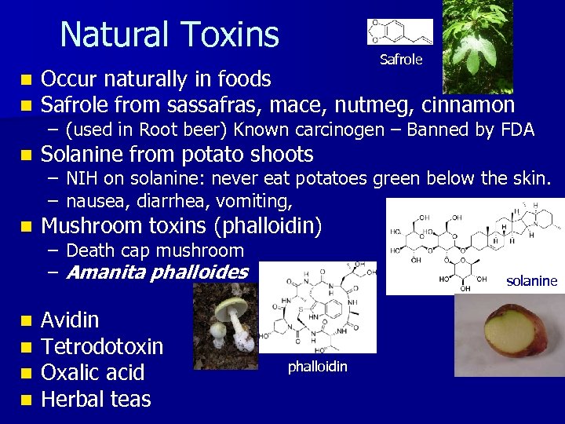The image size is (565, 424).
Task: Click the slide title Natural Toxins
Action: pos(169,35)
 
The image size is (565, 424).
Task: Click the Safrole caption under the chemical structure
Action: pos(401,59)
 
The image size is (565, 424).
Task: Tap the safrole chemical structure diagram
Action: pos(399,32)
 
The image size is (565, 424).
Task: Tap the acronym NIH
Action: pos(81,180)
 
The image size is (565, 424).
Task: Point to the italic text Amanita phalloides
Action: pos(157,272)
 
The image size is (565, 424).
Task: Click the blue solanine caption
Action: pos(531,281)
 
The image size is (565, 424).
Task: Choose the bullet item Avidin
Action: pos(70,320)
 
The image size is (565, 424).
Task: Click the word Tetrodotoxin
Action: pos(102,346)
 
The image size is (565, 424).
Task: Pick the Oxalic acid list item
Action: pos(93,372)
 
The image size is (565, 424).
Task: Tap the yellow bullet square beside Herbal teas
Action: pos(27,400)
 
